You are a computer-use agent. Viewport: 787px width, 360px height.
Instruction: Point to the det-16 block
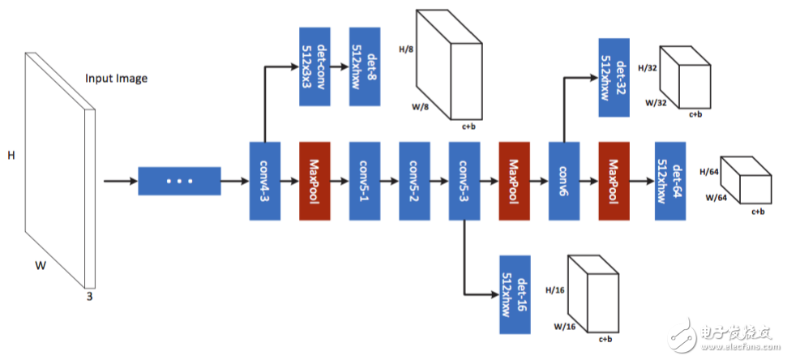click(x=515, y=294)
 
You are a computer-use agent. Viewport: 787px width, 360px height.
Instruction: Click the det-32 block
click(x=614, y=78)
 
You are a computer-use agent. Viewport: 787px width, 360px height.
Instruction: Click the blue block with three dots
click(x=179, y=181)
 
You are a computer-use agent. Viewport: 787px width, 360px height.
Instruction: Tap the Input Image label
click(x=117, y=79)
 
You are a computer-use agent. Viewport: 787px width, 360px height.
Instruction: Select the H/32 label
click(x=647, y=68)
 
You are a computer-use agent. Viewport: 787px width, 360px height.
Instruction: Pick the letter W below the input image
click(x=40, y=265)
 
